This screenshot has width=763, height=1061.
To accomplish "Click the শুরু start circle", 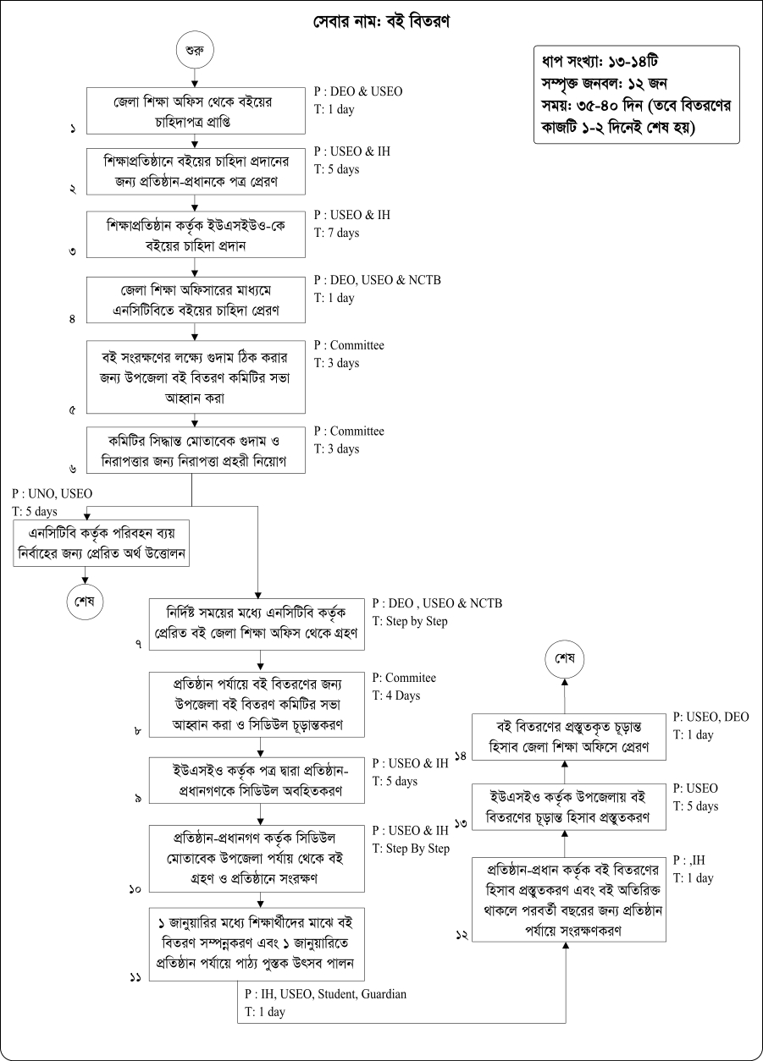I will [x=196, y=50].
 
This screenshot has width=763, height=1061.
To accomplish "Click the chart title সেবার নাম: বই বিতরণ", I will [x=380, y=23].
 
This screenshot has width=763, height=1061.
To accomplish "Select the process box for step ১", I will [x=196, y=110].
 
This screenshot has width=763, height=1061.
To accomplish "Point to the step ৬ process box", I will [x=196, y=453].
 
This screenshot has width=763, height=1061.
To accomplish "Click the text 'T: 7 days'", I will [x=336, y=233].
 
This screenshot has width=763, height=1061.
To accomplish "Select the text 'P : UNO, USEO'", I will [x=53, y=493].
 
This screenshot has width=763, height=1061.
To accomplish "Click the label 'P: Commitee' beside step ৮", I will [x=404, y=678].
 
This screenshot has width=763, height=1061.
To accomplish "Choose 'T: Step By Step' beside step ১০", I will [x=411, y=849].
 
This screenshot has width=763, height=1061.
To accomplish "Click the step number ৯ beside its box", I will [x=137, y=799].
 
